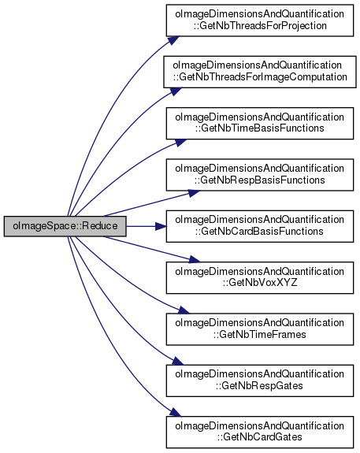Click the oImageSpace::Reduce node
(65, 226)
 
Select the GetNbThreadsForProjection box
(260, 20)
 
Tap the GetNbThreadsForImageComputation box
(260, 72)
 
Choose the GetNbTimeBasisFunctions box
(260, 124)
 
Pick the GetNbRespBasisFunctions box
(260, 175)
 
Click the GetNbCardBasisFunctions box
(260, 226)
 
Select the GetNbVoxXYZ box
(260, 277)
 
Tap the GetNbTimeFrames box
(260, 329)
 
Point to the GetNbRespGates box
(260, 381)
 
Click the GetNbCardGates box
(260, 433)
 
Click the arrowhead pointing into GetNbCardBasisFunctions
(161, 226)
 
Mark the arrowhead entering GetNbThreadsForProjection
(173, 40)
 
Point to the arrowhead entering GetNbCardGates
(175, 412)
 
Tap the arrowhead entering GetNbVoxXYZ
(194, 259)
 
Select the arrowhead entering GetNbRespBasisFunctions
(194, 193)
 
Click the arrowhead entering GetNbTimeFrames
(184, 310)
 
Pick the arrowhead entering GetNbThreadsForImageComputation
(176, 91)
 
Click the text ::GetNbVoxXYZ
(260, 283)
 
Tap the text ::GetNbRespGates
(259, 386)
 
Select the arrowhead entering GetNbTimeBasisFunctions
(180, 143)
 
